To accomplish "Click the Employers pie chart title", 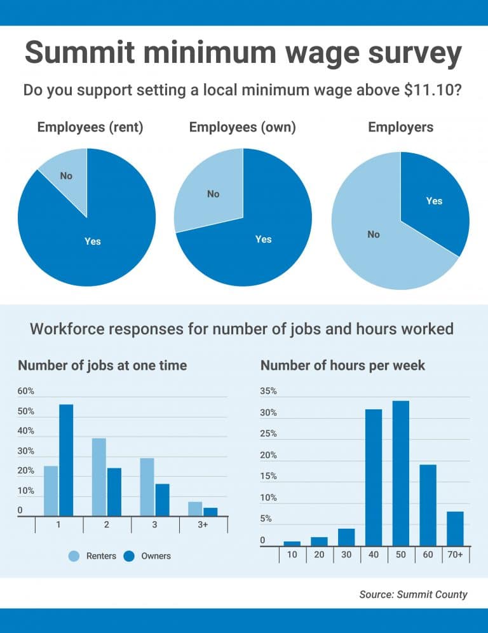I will click(400, 127).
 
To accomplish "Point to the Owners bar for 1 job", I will click(66, 460).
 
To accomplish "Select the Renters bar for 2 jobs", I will click(99, 477).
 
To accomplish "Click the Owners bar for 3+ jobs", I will click(210, 512).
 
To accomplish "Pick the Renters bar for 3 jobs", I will click(147, 487).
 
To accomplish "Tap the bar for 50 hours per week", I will click(400, 473).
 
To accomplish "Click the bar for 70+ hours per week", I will click(455, 528).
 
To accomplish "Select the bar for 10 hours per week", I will click(292, 543).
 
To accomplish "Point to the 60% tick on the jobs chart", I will click(26, 391).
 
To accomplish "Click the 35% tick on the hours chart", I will click(269, 391).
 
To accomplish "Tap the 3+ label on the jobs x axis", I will click(203, 525).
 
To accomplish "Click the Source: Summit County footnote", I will click(413, 594).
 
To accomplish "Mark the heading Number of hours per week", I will click(343, 365).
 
